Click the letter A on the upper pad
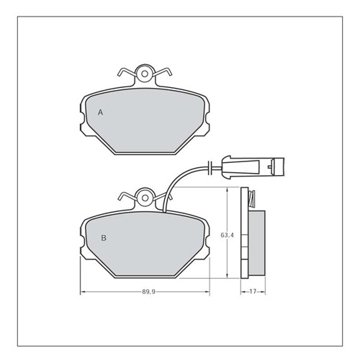(x=101, y=113)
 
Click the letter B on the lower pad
(x=104, y=237)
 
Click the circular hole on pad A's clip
(x=145, y=72)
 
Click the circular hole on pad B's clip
(x=145, y=195)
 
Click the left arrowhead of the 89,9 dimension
(x=81, y=292)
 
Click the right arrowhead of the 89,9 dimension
(x=209, y=292)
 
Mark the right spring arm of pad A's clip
(x=164, y=71)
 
